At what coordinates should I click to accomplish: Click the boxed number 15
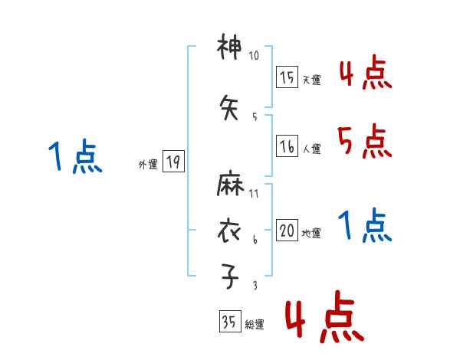(x=287, y=77)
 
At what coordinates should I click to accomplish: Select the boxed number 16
(x=287, y=146)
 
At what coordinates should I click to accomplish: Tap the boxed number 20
(x=287, y=231)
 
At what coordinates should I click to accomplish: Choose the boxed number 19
(x=172, y=161)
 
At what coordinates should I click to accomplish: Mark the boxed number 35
(x=229, y=322)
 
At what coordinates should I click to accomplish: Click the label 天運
(x=311, y=80)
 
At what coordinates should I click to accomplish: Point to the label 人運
(x=311, y=149)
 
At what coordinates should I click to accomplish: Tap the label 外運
(x=148, y=164)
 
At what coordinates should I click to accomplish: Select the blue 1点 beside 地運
(x=364, y=225)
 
